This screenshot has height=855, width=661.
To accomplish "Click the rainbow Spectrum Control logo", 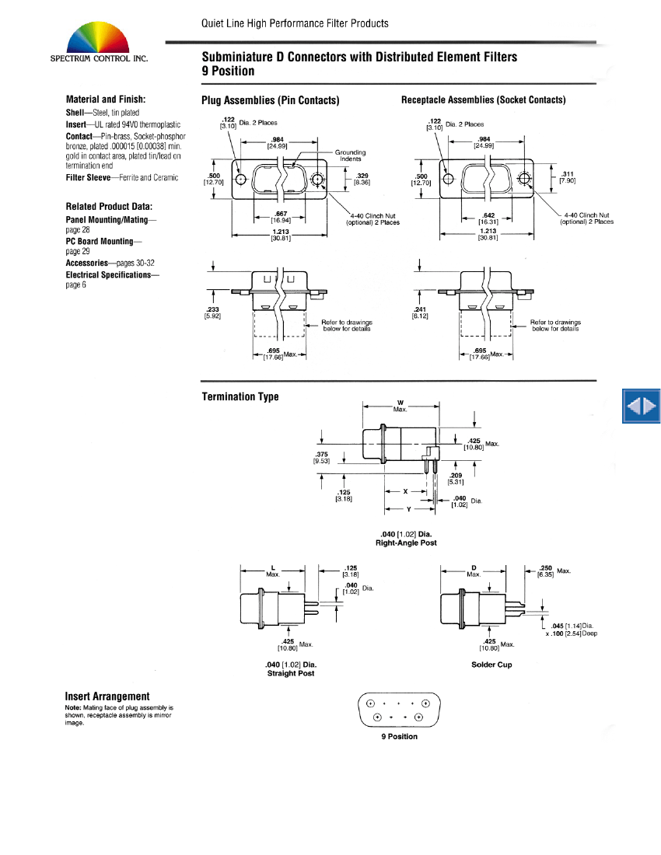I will pyautogui.click(x=98, y=38).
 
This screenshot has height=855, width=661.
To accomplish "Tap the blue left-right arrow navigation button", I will pyautogui.click(x=642, y=406).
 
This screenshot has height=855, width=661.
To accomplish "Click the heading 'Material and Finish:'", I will pyautogui.click(x=106, y=99).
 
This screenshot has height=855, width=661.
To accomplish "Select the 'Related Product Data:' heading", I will pyautogui.click(x=109, y=206).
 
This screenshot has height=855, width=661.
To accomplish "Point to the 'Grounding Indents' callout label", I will pyautogui.click(x=351, y=155).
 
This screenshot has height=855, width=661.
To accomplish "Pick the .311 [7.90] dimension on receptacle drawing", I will pyautogui.click(x=567, y=177).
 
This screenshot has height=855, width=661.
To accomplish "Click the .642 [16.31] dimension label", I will pyautogui.click(x=488, y=217).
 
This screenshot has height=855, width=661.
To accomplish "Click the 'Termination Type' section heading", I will pyautogui.click(x=240, y=396).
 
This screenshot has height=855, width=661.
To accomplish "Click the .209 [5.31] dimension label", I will pyautogui.click(x=456, y=478).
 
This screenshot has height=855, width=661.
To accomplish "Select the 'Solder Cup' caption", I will pyautogui.click(x=491, y=665).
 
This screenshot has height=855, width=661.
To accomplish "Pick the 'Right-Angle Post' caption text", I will pyautogui.click(x=406, y=543).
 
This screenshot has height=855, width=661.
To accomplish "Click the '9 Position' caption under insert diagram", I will pyautogui.click(x=399, y=736).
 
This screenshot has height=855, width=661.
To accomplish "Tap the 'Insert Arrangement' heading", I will pyautogui.click(x=107, y=696).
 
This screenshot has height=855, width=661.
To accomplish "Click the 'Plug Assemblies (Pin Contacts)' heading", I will pyautogui.click(x=270, y=100).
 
